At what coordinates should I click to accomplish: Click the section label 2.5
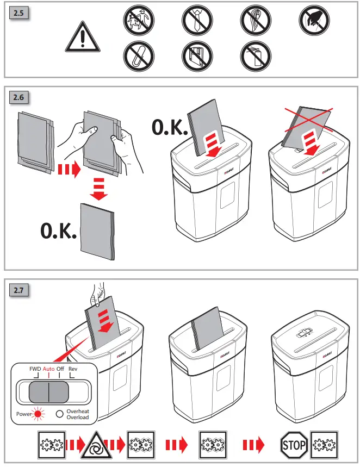click(20, 14)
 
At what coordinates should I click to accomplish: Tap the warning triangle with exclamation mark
click(79, 38)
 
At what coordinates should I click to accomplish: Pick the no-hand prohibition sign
click(315, 21)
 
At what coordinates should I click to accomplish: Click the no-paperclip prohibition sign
click(138, 56)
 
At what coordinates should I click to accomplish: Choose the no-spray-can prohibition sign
click(256, 56)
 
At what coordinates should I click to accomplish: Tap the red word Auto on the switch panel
click(48, 369)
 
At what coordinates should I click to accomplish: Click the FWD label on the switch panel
click(35, 369)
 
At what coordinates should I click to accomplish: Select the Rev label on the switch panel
click(73, 369)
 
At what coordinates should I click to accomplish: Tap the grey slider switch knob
click(48, 391)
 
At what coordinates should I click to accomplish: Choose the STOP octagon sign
click(294, 444)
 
